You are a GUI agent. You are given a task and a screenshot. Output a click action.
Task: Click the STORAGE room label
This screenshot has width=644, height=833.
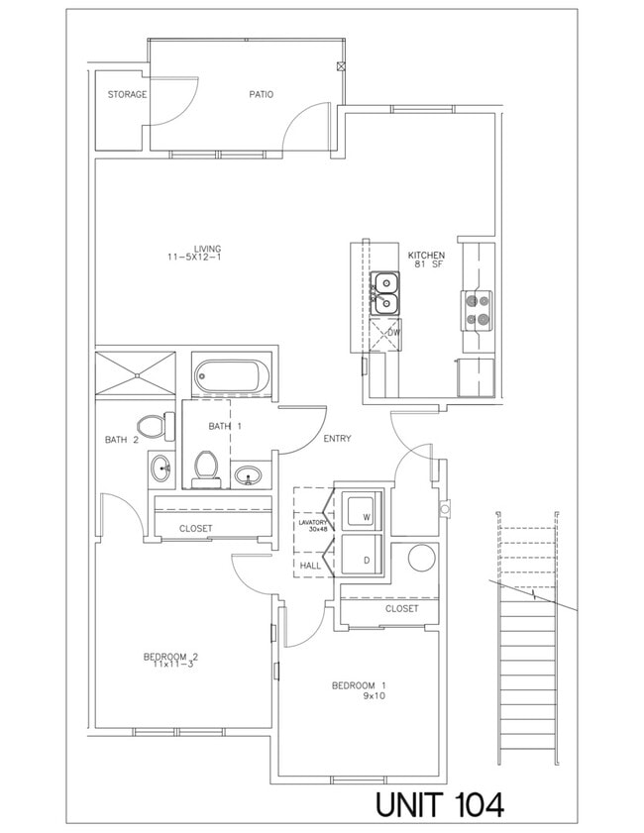click(127, 95)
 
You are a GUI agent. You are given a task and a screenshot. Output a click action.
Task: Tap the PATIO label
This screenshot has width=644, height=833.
click(261, 95)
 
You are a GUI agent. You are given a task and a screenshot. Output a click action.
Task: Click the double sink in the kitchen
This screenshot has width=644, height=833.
click(384, 294)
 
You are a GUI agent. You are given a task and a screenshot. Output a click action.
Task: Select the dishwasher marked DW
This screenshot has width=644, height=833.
click(384, 334)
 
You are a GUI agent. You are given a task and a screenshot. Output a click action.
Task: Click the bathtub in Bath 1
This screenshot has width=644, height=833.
click(232, 376)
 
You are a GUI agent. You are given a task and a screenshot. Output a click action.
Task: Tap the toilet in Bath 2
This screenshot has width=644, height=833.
click(151, 427)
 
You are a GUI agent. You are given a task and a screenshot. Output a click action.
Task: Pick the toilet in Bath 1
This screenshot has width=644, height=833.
click(207, 465)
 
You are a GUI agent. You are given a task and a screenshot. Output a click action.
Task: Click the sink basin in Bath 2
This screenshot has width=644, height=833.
click(161, 467)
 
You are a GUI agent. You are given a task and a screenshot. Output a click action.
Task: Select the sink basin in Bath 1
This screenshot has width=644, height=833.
click(248, 476)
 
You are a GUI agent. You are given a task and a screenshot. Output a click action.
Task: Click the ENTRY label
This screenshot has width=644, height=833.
click(337, 439)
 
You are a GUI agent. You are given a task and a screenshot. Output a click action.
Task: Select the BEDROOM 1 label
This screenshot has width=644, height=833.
click(359, 685)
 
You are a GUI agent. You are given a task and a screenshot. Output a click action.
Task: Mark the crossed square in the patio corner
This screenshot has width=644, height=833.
click(342, 67)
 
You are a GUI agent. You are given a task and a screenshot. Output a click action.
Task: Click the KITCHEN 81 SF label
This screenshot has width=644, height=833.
click(426, 260)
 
